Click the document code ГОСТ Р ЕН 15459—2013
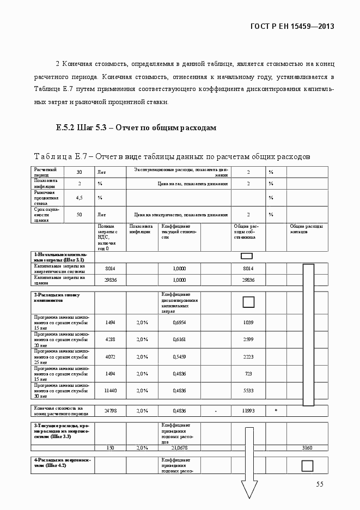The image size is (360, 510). point(291,26)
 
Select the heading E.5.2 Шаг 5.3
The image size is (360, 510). point(136,127)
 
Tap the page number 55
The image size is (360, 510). point(320,484)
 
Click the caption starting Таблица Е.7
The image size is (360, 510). point(172,156)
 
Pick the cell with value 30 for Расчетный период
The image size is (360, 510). point(79,172)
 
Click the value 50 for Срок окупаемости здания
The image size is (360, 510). point(79,215)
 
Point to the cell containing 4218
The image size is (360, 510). point(111,339)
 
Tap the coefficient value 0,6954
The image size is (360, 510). point(179,322)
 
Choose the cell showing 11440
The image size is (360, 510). point(111,391)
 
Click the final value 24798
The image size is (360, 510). point(111,410)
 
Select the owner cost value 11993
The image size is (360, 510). point(248,410)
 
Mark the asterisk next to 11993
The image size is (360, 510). point(276,410)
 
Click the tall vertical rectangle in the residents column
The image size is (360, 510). point(308,335)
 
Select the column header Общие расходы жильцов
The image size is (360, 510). point(306,229)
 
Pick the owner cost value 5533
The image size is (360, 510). point(248,391)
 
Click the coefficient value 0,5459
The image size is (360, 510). point(179,356)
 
